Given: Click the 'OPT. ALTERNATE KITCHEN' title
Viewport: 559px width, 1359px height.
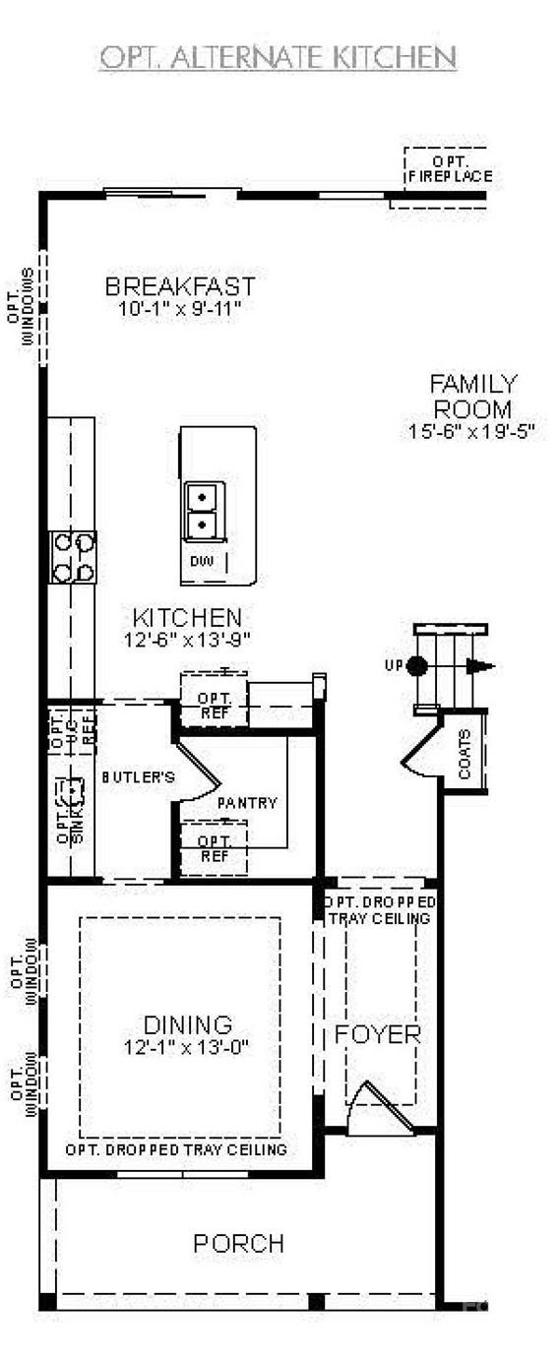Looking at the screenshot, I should pos(278,58).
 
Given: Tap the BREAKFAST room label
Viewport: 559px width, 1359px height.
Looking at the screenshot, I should pos(180,286).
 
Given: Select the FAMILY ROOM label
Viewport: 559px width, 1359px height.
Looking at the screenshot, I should pos(472,397).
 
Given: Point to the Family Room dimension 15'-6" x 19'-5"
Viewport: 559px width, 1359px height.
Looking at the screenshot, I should pos(472,431).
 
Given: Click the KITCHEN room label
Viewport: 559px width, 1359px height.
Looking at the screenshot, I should pos(187,618).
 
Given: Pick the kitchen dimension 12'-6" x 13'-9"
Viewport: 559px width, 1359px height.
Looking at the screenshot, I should pos(187,639).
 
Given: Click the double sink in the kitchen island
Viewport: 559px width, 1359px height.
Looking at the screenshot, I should pos(204,511).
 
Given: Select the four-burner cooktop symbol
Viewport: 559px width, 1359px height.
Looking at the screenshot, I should pos(73,556).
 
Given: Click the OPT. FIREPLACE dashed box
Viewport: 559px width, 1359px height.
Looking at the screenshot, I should pos(448,169).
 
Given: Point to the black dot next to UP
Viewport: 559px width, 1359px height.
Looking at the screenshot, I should pos(417,666).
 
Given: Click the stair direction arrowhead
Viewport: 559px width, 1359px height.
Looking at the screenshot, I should pos(481,666).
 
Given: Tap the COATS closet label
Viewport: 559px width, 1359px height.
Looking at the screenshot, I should pos(466,754).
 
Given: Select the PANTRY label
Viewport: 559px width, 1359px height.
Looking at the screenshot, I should pos(247,803).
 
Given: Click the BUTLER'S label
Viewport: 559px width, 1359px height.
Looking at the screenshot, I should pos(138,777).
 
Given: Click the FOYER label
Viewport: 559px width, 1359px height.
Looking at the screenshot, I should pos(378,1035).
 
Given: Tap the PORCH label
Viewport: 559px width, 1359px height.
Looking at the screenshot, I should pos(239,1244).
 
